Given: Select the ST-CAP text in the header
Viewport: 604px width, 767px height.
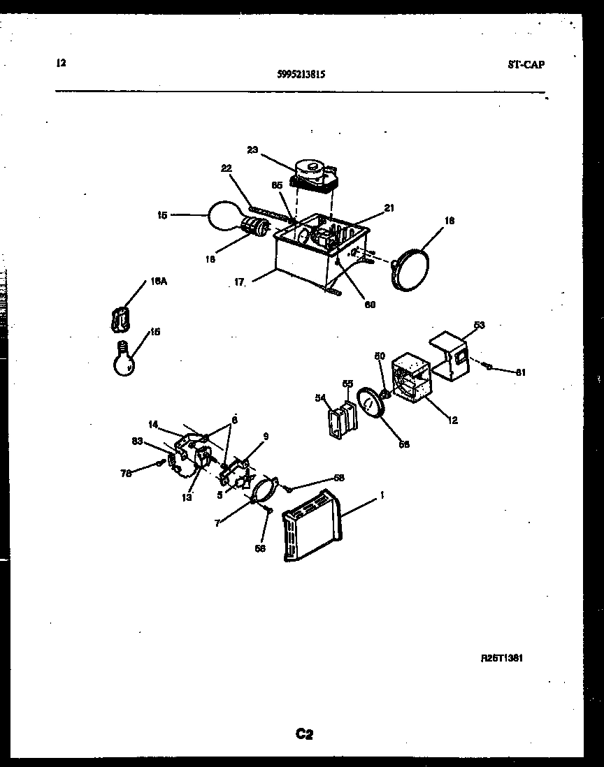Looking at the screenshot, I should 525,65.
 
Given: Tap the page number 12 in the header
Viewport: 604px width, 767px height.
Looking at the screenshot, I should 60,63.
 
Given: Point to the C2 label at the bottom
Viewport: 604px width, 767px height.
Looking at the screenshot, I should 303,733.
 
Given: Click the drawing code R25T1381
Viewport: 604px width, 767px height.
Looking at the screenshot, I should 503,658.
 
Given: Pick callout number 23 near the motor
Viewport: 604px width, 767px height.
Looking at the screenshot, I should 252,149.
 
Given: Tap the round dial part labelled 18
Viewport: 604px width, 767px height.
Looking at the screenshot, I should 409,268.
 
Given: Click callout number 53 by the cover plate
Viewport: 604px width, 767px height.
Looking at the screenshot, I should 479,326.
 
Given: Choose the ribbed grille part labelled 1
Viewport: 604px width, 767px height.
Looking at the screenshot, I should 310,525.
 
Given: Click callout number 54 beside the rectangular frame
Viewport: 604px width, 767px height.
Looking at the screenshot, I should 321,397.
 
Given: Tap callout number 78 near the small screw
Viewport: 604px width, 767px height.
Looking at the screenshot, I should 126,473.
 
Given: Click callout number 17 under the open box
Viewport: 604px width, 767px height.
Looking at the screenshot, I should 240,283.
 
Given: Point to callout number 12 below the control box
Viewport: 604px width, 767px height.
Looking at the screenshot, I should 453,421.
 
